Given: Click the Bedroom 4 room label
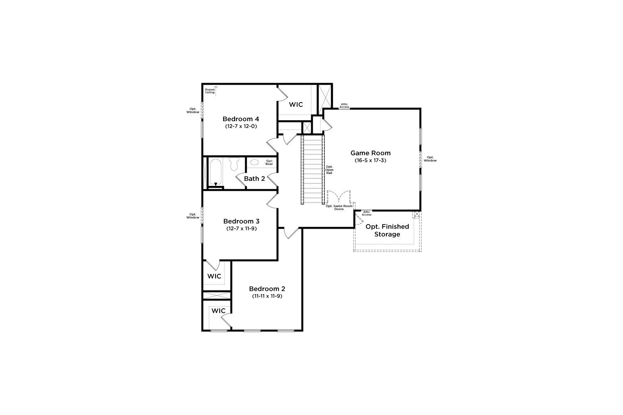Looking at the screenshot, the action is coord(240,119).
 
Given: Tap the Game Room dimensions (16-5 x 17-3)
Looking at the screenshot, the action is coord(370,160).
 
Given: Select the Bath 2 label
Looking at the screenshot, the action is coord(255,179).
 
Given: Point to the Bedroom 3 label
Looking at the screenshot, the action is coord(241,221).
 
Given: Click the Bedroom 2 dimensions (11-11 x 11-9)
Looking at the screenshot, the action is coord(267,296).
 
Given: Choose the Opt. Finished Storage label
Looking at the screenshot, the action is coord(387,230).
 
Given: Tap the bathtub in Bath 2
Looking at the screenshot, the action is coord(215,172).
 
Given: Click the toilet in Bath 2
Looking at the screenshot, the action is coord(234,164).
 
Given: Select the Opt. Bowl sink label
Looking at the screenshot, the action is coord(269,162).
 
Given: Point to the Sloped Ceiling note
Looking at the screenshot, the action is coord(210,91).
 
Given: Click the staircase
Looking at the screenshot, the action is coord(313,170).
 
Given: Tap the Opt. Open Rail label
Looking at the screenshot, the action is coord(329,170).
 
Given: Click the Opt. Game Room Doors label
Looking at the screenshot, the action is coord(339,207).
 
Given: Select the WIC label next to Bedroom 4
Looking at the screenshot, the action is coord(296,105).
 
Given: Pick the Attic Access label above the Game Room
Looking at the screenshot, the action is coord(344,106).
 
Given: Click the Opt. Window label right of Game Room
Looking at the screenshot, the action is coord(430,159).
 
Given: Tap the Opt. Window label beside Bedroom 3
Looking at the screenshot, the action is coord(193,216).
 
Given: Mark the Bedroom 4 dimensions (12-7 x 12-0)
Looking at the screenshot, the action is coord(241,126).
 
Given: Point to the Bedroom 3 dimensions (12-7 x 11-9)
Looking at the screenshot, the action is coord(241,229).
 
